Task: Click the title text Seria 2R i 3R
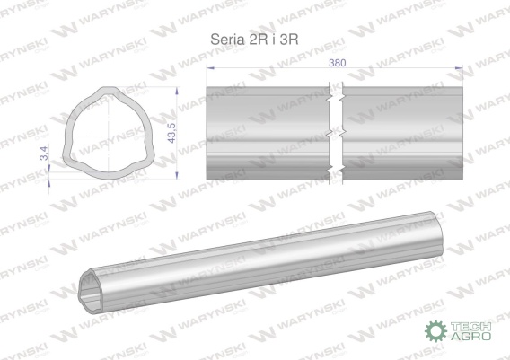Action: coord(254,40)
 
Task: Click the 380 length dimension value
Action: coord(337,63)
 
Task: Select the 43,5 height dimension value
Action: coord(171,133)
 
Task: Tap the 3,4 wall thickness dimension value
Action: coord(44,154)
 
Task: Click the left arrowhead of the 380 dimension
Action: coord(210,68)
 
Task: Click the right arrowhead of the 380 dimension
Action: coord(459,68)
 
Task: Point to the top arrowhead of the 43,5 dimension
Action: coord(177,91)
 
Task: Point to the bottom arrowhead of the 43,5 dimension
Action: coord(177,176)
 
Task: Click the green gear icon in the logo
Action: coord(435,330)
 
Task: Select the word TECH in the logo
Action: coord(470,327)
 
